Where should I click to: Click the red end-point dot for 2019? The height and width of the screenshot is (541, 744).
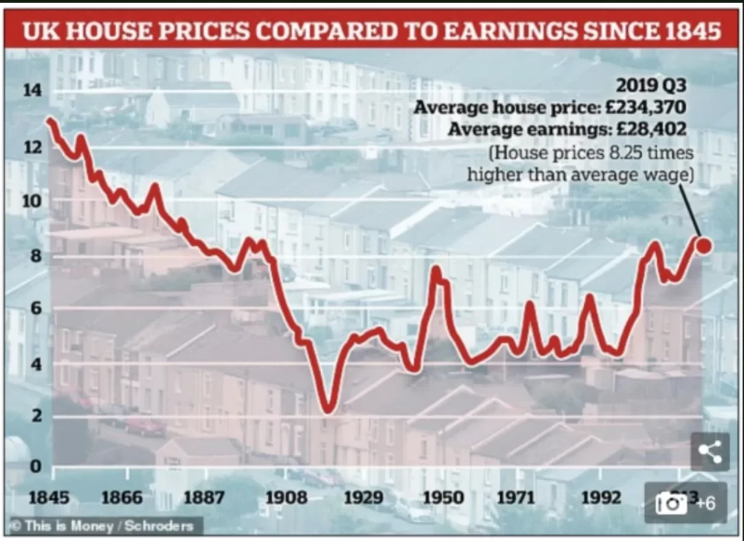703,245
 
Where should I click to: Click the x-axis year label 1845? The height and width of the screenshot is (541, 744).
49,498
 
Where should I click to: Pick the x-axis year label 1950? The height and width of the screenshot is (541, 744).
443,498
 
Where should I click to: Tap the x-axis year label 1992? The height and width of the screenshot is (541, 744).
601,498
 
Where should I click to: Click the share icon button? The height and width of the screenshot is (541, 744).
709,452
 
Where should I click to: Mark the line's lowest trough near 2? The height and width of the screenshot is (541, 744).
328,409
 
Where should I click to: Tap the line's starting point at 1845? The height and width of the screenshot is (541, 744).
49,119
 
